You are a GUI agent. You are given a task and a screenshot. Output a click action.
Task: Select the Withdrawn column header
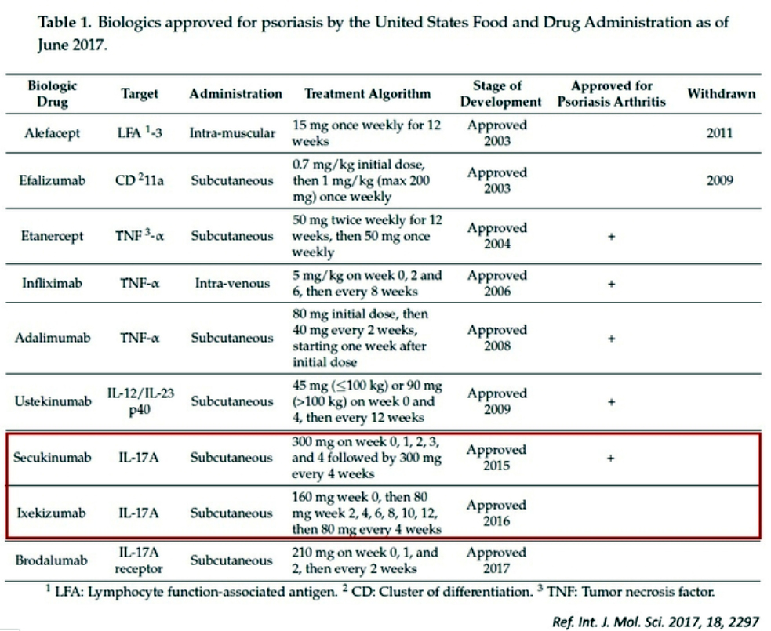721,94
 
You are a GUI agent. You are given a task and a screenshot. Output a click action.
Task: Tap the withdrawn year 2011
718,132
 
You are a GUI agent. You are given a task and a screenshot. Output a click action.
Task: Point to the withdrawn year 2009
718,180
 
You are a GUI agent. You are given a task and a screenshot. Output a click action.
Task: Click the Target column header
140,94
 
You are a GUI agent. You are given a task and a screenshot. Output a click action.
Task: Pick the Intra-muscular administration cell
232,132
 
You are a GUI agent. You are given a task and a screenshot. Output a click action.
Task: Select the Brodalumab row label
50,560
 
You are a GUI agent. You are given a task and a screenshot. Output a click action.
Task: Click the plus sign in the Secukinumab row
611,458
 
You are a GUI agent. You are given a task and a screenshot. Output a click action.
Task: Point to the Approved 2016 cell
496,513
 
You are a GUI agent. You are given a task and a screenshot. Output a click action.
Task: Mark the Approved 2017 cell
496,560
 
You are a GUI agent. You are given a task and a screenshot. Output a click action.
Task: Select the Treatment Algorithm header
367,94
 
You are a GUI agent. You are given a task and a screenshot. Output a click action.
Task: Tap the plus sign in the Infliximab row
611,284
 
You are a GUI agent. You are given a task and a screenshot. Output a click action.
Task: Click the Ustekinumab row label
50,401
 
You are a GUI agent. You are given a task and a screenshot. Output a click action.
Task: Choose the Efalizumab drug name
50,180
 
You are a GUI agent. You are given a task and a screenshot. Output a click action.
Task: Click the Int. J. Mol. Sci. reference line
656,622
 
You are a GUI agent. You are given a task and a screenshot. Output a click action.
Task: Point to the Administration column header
235,94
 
